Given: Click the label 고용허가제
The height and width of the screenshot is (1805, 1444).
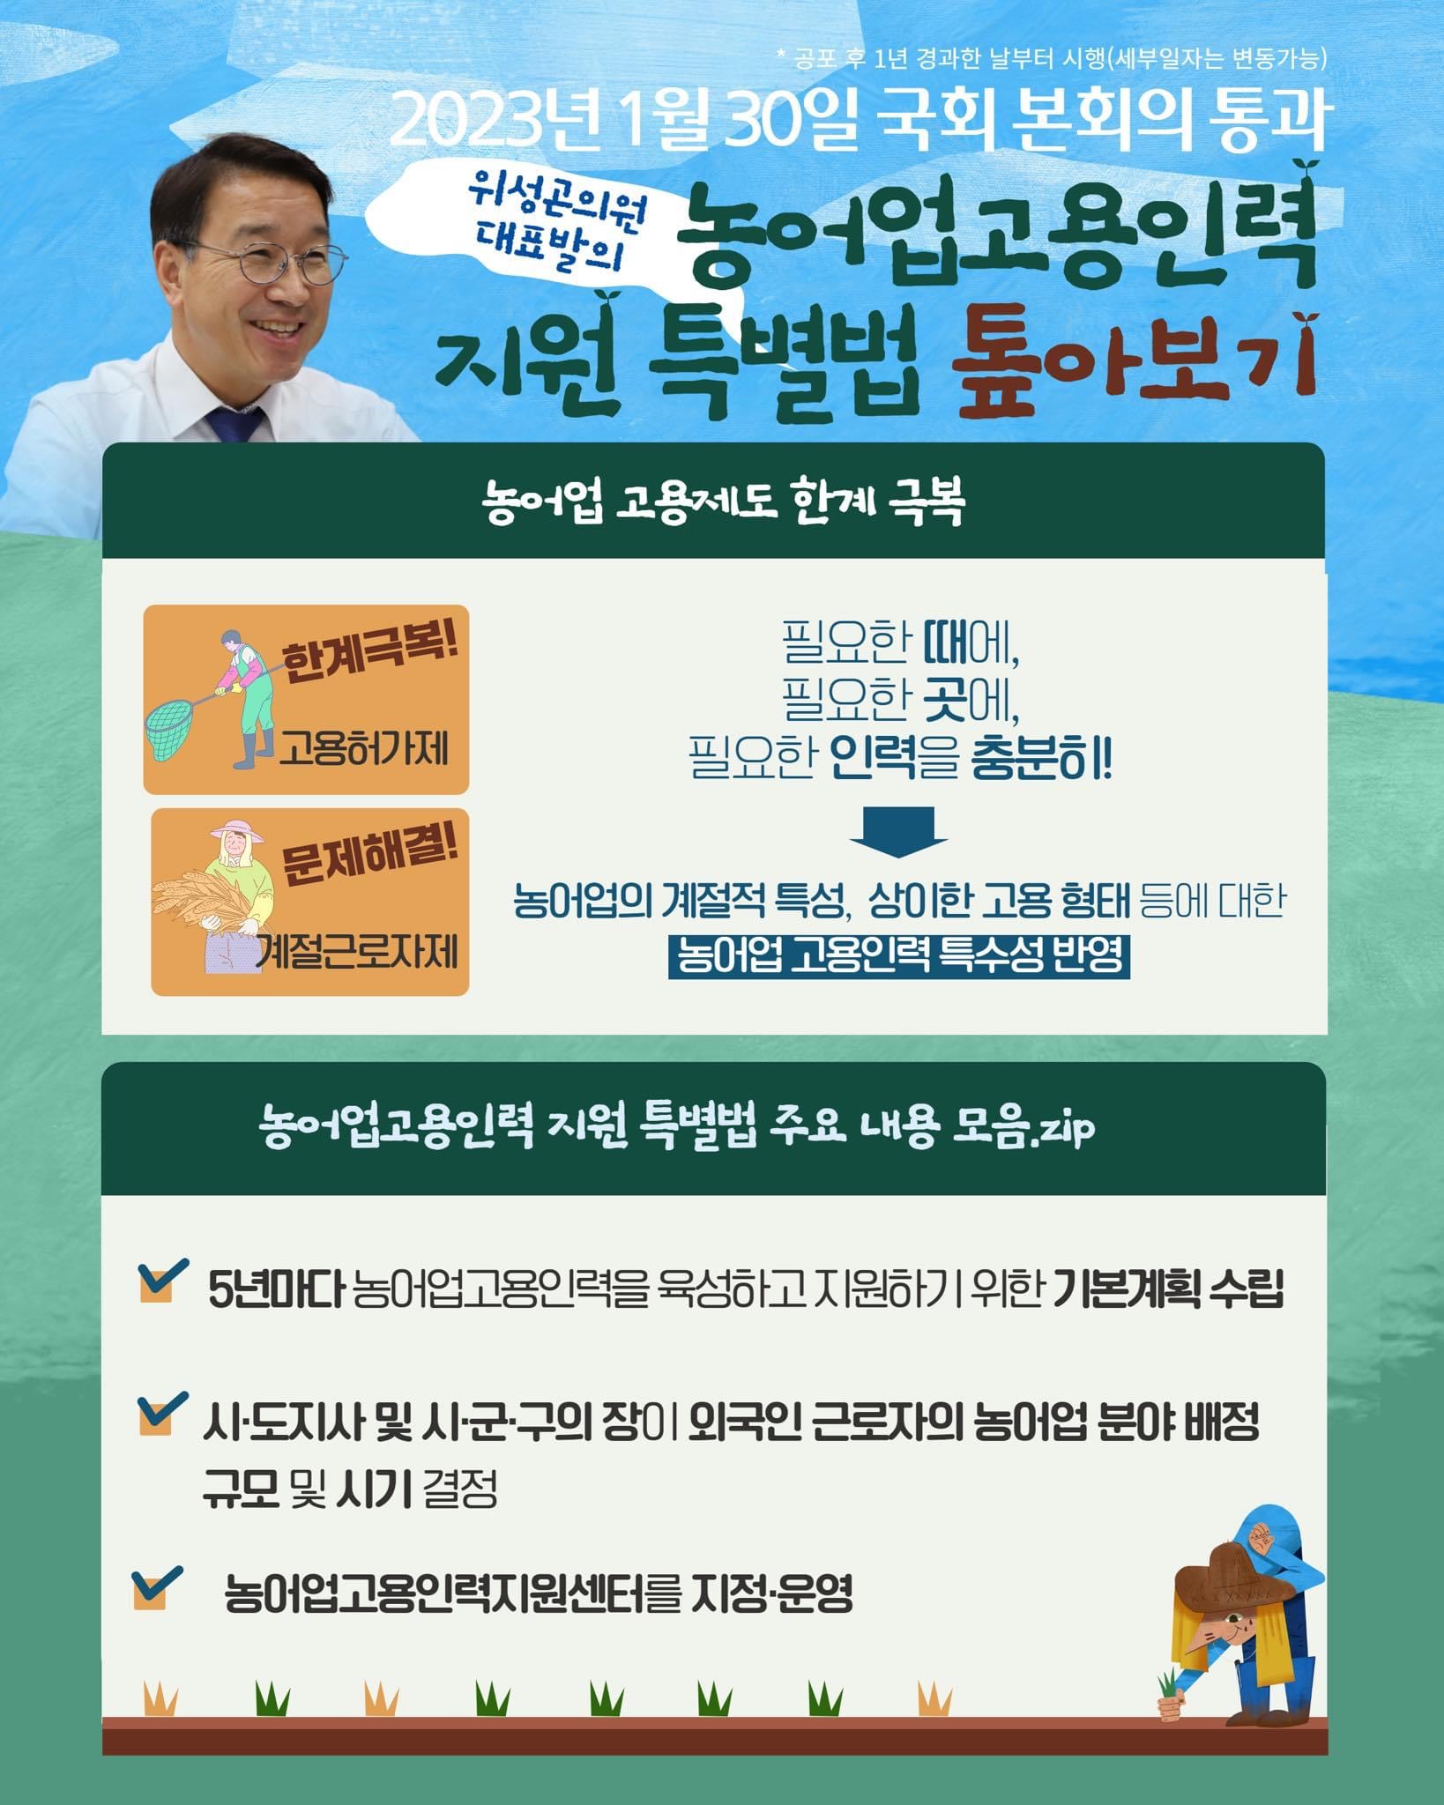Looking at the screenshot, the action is click(364, 750).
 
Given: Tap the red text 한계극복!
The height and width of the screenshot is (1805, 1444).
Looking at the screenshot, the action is click(370, 653).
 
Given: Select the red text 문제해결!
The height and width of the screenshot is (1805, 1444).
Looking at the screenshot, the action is click(370, 855).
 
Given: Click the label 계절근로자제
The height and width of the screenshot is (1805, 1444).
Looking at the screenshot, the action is click(358, 952).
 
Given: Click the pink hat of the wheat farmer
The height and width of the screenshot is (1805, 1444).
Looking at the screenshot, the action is click(237, 831).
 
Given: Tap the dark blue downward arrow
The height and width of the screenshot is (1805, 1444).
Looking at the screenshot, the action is click(898, 831).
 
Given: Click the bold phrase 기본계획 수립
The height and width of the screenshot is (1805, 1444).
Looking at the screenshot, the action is click(1168, 1289).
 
